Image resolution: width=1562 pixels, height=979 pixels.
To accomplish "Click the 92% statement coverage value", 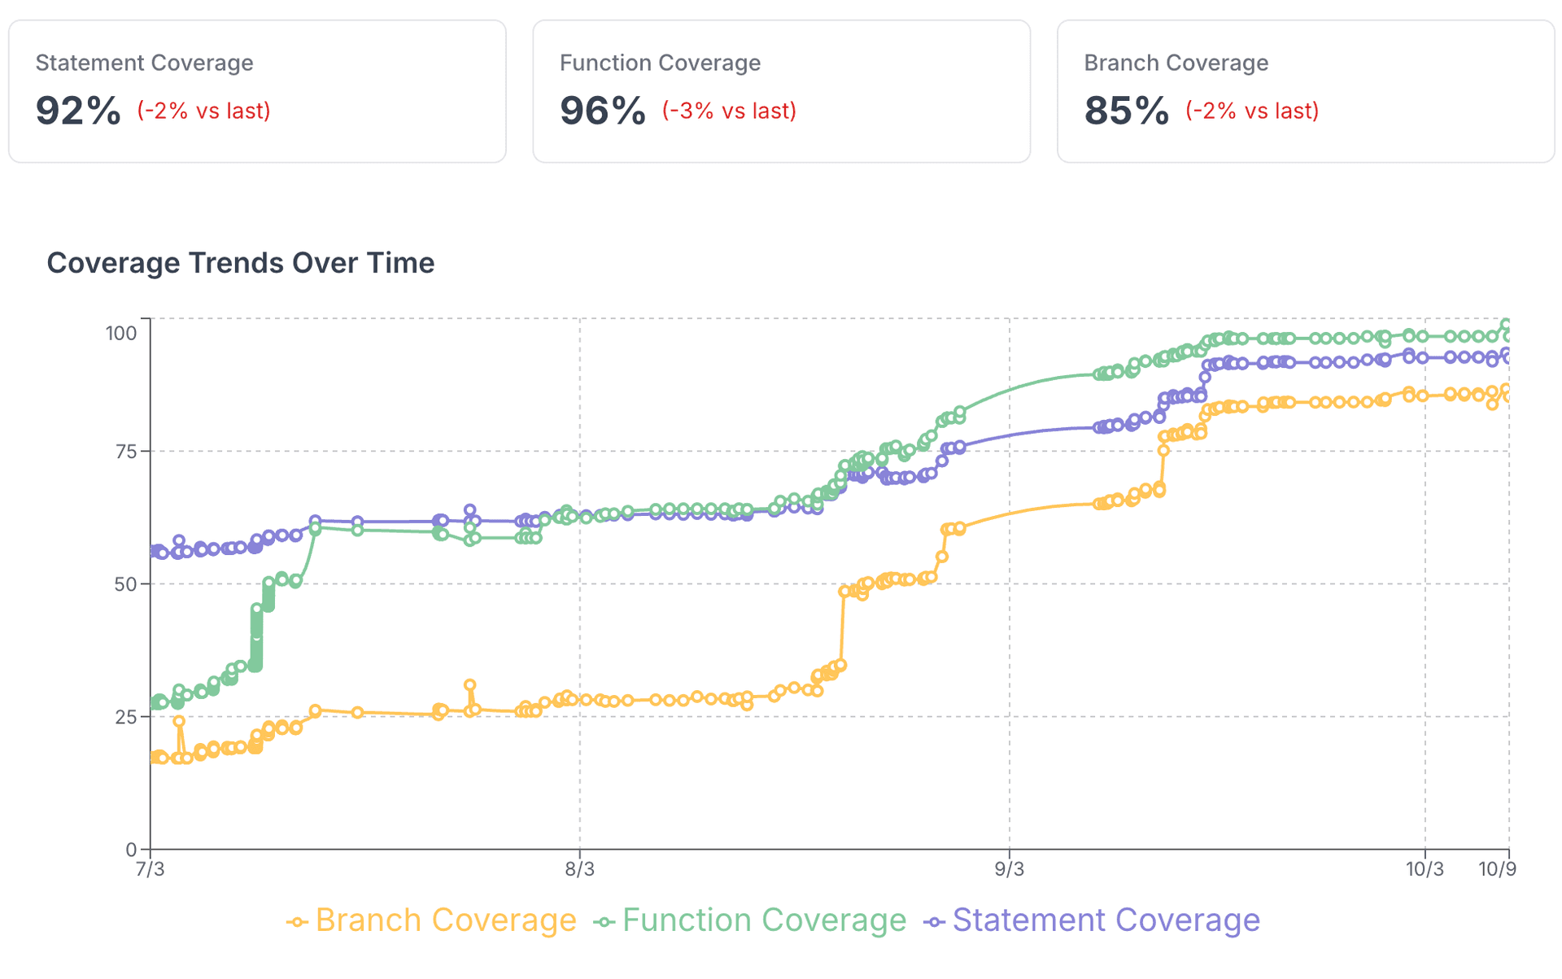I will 78,111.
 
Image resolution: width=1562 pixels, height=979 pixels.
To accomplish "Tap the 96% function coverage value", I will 602,111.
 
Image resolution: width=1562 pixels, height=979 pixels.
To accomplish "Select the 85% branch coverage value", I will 1127,111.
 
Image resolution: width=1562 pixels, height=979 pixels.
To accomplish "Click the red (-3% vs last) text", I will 729,111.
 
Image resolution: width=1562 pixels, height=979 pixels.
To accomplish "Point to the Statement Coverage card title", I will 144,63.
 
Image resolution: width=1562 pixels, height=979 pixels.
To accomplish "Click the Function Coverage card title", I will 660,63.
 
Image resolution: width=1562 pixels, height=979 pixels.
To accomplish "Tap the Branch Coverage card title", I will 1176,63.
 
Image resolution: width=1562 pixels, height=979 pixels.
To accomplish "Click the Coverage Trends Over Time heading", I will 240,263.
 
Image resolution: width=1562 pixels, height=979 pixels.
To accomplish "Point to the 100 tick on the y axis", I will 121,333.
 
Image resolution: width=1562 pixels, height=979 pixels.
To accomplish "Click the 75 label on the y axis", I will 125,452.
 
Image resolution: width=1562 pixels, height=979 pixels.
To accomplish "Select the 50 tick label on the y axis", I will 125,584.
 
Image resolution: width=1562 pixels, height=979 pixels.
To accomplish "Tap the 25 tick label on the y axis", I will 125,717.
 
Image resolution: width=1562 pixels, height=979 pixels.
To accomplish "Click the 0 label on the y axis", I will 131,850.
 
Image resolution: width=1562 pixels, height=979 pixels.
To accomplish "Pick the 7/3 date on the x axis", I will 150,869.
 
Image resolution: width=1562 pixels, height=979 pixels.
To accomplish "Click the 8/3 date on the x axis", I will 579,869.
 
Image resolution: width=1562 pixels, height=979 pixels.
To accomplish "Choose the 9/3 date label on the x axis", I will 1009,869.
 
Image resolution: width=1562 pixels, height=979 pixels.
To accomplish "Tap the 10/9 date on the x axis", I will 1497,869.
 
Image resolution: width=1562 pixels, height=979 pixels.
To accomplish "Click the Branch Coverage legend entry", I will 432,920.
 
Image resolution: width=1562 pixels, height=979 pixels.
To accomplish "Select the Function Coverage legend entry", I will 750,920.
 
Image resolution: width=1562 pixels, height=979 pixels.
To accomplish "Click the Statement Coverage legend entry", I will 1093,920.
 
